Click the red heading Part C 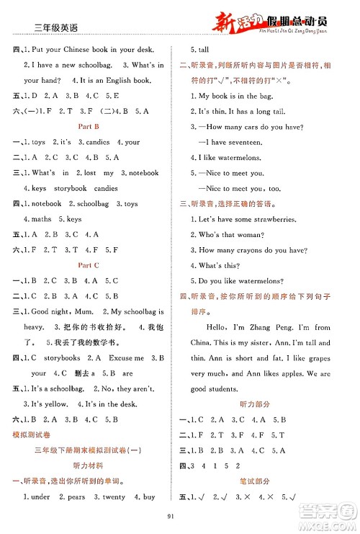pos(89,265)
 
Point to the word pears pos(73,497)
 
